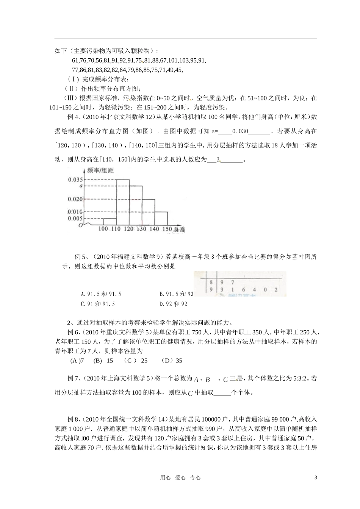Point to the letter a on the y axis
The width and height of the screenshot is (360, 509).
tap(80, 186)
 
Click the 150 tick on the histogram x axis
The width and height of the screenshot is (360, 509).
tap(167, 229)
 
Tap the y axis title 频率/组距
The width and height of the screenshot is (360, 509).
tap(100, 170)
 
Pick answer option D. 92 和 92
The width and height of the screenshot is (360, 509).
tap(174, 304)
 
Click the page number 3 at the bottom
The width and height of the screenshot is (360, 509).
tap(316, 478)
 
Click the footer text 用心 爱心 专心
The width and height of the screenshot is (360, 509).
tap(180, 478)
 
